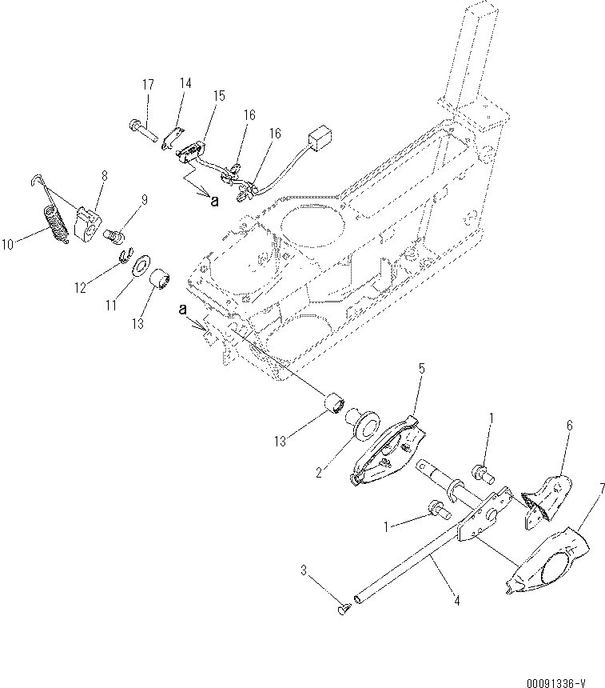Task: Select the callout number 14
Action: (x=185, y=82)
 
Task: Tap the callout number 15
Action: (x=218, y=94)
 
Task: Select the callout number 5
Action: (x=423, y=369)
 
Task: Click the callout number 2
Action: (x=318, y=473)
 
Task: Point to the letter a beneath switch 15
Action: (x=214, y=202)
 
